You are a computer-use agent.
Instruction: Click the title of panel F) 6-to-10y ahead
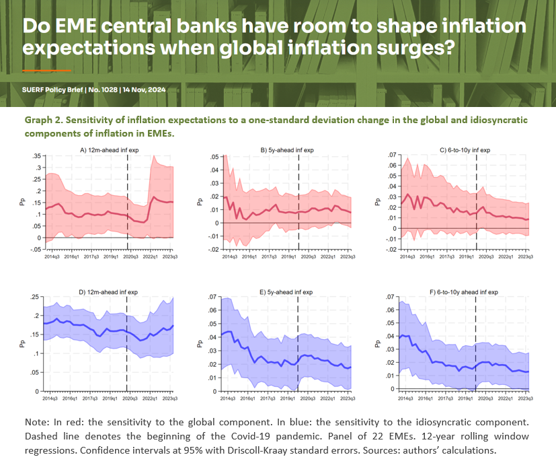click(x=466, y=292)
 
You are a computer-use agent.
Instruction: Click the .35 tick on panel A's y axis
click(x=34, y=155)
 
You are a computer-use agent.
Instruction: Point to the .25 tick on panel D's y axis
click(x=34, y=297)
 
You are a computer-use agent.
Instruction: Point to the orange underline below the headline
click(x=46, y=70)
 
